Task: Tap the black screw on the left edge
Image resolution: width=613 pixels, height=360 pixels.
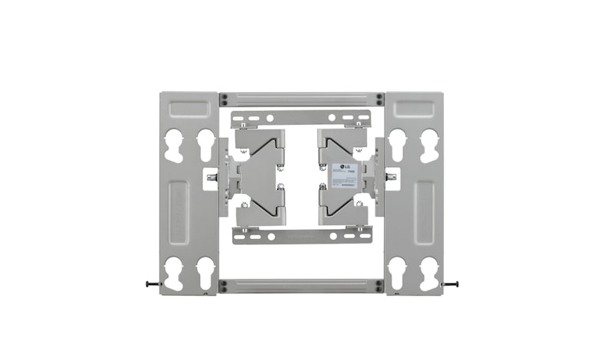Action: click(x=152, y=283)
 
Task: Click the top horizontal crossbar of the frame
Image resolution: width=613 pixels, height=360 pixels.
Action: click(x=301, y=100)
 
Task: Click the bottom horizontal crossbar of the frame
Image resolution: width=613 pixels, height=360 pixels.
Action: click(x=301, y=286)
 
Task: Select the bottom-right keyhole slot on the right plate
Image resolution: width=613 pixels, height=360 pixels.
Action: click(x=429, y=273)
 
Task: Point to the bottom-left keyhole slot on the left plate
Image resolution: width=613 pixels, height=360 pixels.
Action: click(x=174, y=273)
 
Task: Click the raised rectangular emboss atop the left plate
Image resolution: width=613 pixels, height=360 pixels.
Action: click(x=188, y=109)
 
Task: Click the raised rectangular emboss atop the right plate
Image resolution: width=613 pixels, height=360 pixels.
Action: click(x=414, y=109)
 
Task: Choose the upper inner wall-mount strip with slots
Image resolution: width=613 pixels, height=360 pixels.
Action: click(x=301, y=119)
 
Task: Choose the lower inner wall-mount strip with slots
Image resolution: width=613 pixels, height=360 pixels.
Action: click(x=301, y=236)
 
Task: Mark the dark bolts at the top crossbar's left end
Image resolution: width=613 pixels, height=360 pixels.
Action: click(x=224, y=100)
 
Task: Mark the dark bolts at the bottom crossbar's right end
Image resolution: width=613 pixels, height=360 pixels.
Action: click(x=379, y=286)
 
